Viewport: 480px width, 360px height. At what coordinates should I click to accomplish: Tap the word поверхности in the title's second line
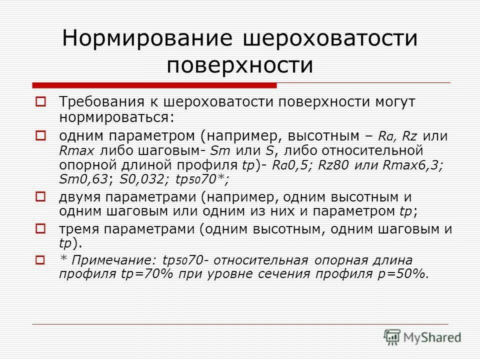pos(240,65)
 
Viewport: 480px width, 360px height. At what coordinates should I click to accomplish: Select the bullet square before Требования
pos(41,102)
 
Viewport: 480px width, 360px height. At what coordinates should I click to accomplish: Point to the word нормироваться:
pos(116,117)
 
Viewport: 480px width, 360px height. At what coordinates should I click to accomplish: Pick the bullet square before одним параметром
pos(41,135)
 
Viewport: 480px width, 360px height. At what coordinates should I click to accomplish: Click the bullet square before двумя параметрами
pos(41,196)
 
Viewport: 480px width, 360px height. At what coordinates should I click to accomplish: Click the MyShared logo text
pos(433,337)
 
